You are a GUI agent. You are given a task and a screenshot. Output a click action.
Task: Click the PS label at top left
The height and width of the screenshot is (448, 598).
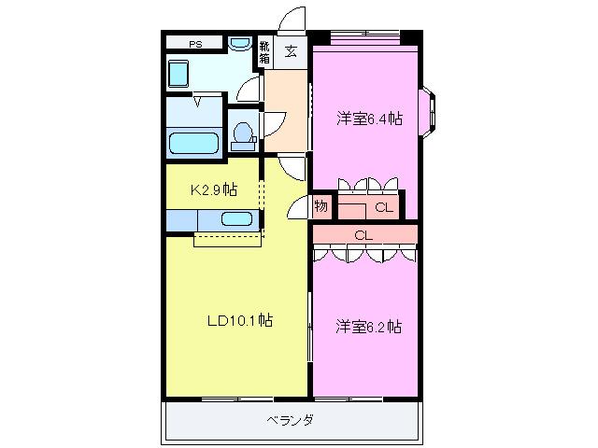click(195, 43)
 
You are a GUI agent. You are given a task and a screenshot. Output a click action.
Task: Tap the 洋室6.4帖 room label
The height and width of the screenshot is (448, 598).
click(370, 119)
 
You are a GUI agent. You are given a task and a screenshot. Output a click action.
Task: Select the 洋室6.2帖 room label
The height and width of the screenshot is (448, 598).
click(369, 327)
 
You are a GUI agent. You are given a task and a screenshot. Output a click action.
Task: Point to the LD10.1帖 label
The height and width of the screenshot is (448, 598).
click(239, 321)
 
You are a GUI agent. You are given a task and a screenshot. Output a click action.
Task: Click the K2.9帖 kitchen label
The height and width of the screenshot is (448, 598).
click(214, 189)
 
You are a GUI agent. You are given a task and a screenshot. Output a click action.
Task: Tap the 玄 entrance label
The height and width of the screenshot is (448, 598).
click(292, 50)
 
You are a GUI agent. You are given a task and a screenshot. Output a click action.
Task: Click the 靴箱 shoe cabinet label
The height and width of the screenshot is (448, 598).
click(264, 51)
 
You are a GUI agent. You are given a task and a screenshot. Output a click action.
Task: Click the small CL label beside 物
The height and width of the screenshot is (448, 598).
click(384, 207)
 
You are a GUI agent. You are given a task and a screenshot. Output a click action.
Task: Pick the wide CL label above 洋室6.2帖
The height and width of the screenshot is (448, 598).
click(363, 235)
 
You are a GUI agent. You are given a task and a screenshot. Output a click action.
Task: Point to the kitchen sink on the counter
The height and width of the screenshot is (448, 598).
click(236, 220)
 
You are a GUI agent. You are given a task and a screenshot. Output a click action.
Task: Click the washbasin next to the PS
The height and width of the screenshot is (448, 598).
click(239, 43)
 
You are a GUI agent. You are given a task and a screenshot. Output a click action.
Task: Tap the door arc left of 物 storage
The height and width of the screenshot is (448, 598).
click(299, 207)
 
